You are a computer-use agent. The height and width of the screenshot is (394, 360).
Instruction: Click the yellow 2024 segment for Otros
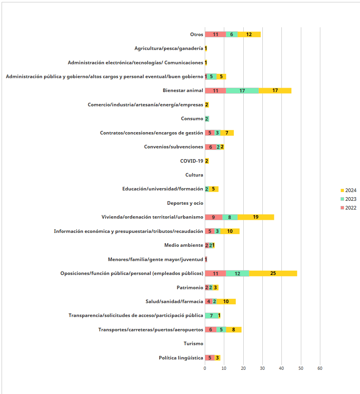point(249,35)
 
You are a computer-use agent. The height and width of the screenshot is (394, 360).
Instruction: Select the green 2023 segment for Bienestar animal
point(243,91)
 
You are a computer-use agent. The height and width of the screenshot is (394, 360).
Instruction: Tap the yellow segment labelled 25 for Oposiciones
point(273,273)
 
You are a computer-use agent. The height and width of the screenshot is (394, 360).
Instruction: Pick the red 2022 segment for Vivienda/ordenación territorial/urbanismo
point(214,217)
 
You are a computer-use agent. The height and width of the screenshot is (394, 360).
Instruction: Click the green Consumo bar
point(207,119)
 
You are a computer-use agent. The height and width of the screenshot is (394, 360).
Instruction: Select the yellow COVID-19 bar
point(207,161)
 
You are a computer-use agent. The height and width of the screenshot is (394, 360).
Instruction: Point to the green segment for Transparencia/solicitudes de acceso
point(212,315)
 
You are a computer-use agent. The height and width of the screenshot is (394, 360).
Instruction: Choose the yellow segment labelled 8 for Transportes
point(234,330)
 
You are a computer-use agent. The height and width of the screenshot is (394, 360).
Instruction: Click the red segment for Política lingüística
point(210,358)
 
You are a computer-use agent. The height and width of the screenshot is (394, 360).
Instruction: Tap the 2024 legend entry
point(348,190)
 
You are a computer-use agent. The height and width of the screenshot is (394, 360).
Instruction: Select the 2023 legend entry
point(348,199)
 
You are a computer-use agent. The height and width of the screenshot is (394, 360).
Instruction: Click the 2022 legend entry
point(348,208)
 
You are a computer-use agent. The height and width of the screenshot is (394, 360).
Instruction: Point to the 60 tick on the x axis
point(320,368)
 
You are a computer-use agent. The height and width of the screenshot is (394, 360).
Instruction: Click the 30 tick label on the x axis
point(262,368)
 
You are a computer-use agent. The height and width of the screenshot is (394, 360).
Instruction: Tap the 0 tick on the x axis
point(205,368)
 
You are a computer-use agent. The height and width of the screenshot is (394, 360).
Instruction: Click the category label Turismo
point(193,344)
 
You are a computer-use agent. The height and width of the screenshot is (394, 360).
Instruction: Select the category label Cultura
point(194,175)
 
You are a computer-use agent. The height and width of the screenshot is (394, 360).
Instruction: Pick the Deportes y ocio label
point(185,203)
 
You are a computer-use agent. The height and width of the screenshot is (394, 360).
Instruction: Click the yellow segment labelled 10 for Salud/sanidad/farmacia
point(226,302)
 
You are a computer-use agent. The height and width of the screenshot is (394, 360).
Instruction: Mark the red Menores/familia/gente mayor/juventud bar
point(206,259)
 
